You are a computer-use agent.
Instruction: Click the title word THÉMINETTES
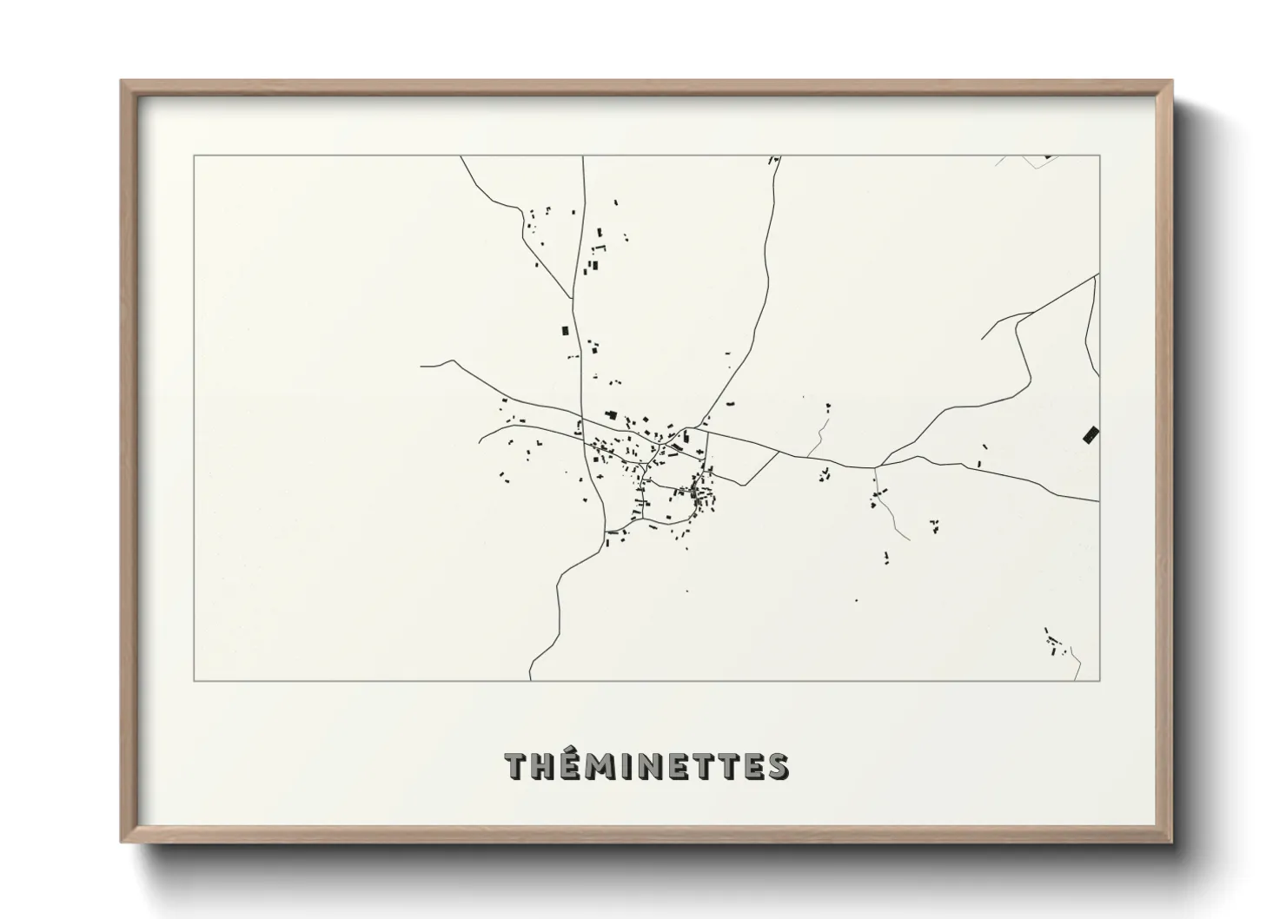[x=646, y=766]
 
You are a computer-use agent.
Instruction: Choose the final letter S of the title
[x=778, y=766]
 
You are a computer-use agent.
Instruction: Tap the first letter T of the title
[x=517, y=766]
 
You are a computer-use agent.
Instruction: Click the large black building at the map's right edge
[x=1091, y=434]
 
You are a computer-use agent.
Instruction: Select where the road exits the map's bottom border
[x=530, y=679]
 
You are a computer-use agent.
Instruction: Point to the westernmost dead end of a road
[x=421, y=366]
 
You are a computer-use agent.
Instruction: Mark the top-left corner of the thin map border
[x=194, y=155]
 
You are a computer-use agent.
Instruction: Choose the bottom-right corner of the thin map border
[x=1100, y=680]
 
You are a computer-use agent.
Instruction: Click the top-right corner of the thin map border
[x=1100, y=155]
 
